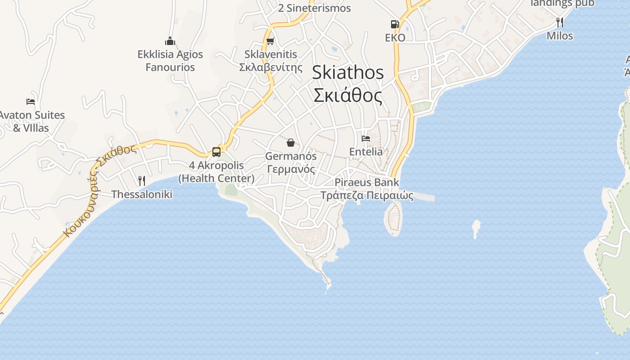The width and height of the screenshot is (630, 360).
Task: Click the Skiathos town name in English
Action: pyautogui.click(x=348, y=72)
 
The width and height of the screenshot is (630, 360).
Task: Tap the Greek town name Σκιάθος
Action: pyautogui.click(x=348, y=95)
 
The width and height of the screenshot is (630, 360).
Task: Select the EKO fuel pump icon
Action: pyautogui.click(x=395, y=24)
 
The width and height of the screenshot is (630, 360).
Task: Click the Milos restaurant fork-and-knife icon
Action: pyautogui.click(x=560, y=22)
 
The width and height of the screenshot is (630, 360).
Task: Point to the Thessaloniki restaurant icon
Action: pyautogui.click(x=142, y=181)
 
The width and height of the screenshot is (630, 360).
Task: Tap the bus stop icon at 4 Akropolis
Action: pyautogui.click(x=216, y=152)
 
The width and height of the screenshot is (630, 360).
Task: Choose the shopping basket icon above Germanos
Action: pyautogui.click(x=291, y=143)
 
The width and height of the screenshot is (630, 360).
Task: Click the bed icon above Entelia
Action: pyautogui.click(x=366, y=139)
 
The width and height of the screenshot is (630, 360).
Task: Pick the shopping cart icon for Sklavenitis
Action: pyautogui.click(x=270, y=41)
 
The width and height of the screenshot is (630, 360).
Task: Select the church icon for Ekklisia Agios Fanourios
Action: pyautogui.click(x=170, y=41)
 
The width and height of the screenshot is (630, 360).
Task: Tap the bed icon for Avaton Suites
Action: pyautogui.click(x=31, y=102)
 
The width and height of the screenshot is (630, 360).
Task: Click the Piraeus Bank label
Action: pyautogui.click(x=367, y=182)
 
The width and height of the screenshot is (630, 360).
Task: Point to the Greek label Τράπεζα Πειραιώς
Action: pyautogui.click(x=367, y=195)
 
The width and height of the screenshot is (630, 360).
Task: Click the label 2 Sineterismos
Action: pyautogui.click(x=315, y=8)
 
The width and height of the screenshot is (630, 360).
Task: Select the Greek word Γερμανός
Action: pyautogui.click(x=291, y=170)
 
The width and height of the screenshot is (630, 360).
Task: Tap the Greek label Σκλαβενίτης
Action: pyautogui.click(x=270, y=67)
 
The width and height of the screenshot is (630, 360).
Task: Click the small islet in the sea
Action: pyautogui.click(x=476, y=228)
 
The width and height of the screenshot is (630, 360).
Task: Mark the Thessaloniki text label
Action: pyautogui.click(x=142, y=194)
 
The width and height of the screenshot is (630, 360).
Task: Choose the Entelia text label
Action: pyautogui.click(x=366, y=152)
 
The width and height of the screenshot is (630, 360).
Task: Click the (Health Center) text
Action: pyautogui.click(x=216, y=178)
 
